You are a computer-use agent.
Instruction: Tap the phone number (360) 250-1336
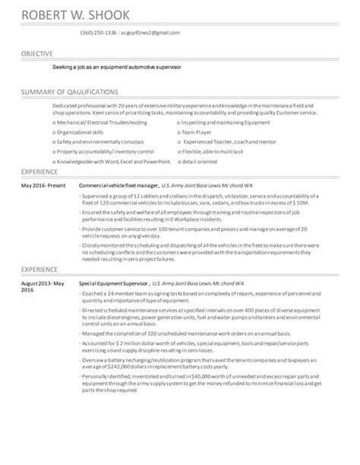coord(98,33)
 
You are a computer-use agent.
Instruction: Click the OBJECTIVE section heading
coord(36,55)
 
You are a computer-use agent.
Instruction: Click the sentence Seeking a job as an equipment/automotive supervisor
coord(118,67)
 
